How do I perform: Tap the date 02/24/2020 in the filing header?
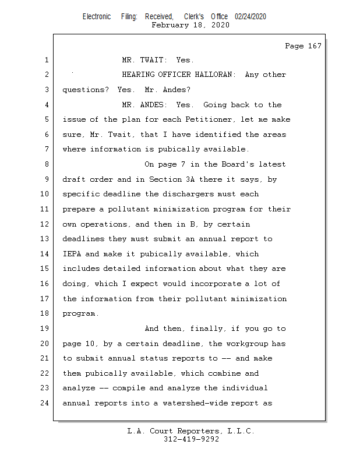[250, 16]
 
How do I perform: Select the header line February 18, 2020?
[190, 25]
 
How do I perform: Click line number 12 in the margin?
[45, 224]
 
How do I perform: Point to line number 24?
[45, 403]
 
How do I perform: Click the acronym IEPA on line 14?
[72, 254]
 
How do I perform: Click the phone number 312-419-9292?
[191, 440]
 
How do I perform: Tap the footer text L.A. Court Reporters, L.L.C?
[191, 432]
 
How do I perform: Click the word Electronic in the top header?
[97, 16]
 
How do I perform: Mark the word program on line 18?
[79, 313]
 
